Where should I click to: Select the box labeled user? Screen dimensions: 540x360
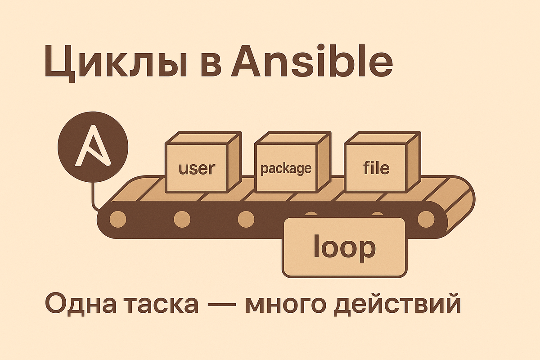click(x=197, y=169)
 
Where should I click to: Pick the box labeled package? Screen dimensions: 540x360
click(x=286, y=169)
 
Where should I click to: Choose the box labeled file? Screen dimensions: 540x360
click(x=376, y=169)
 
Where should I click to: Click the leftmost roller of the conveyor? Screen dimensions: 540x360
click(x=118, y=219)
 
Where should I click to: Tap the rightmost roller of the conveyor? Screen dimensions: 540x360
click(x=425, y=219)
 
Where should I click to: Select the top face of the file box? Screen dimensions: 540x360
click(x=382, y=138)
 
